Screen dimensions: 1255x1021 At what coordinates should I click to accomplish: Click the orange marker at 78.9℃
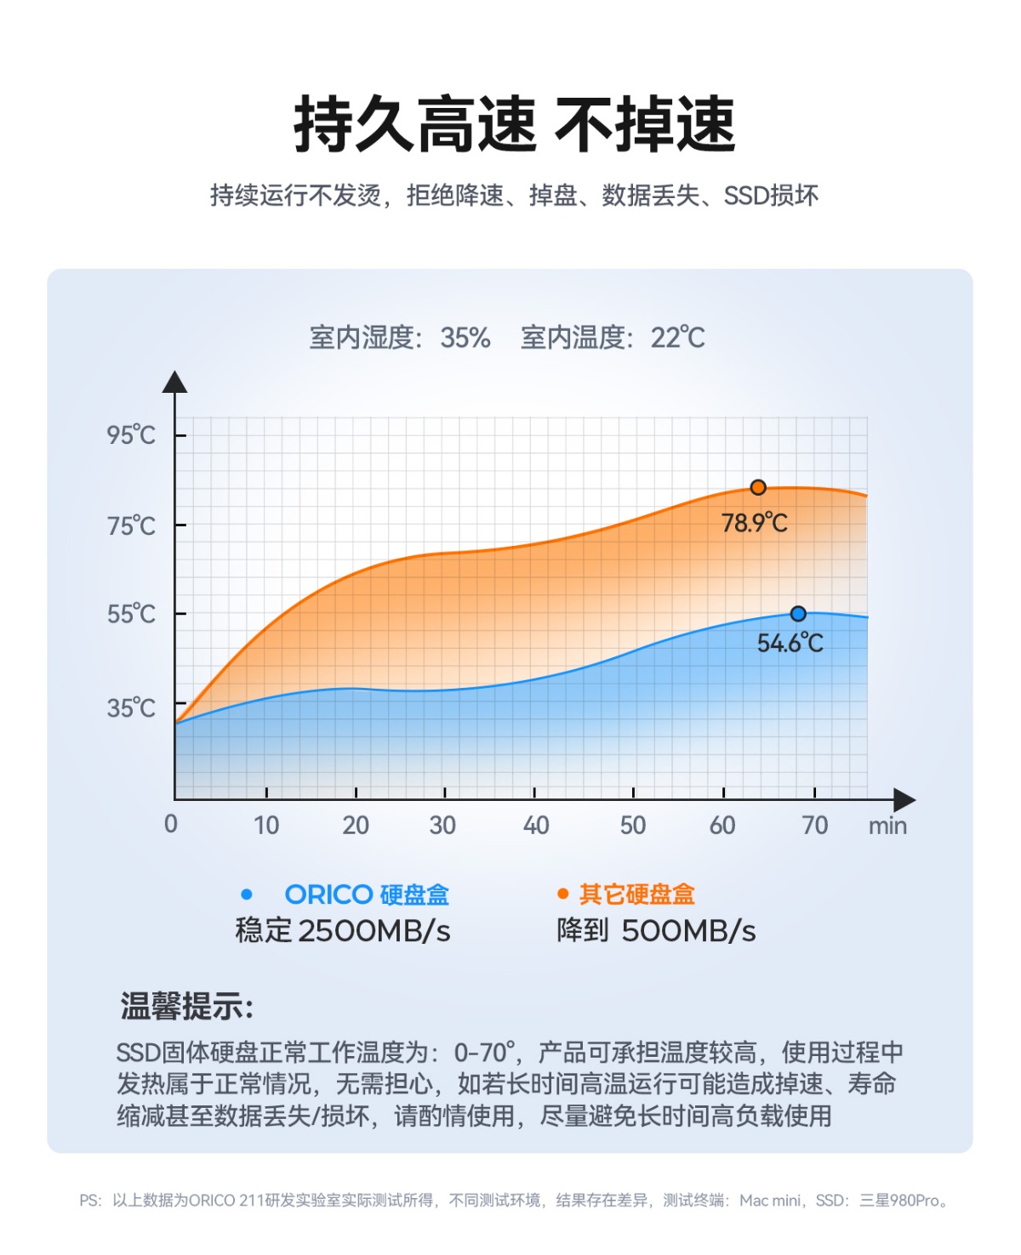tap(758, 487)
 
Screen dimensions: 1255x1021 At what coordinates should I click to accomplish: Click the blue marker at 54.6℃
tap(798, 614)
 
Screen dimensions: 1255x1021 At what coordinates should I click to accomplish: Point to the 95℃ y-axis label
tap(131, 435)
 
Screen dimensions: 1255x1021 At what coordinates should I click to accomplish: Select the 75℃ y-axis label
tap(131, 526)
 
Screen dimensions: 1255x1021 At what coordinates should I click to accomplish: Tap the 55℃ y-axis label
tap(131, 614)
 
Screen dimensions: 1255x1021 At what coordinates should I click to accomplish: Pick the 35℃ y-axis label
tap(131, 707)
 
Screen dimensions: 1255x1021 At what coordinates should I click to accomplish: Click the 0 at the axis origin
tap(171, 824)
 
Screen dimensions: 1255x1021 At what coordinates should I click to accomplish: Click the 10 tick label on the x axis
tap(266, 825)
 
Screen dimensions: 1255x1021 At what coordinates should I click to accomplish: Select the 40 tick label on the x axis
tap(536, 825)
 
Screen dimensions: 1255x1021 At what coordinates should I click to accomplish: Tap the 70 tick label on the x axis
tap(815, 825)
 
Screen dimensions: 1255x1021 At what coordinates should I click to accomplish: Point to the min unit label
tap(887, 826)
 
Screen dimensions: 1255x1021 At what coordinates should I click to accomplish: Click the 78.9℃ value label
tap(754, 522)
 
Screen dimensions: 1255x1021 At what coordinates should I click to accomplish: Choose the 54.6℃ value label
tap(790, 643)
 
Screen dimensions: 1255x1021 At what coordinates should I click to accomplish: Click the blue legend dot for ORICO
tap(247, 894)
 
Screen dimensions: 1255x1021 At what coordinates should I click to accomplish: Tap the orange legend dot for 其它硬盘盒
tap(562, 894)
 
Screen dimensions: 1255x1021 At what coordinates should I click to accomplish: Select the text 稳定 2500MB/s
tap(343, 931)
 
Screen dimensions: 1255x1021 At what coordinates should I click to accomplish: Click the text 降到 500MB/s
tap(656, 931)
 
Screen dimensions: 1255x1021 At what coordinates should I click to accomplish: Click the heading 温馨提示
tap(186, 1007)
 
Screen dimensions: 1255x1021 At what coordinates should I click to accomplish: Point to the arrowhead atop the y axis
tap(175, 382)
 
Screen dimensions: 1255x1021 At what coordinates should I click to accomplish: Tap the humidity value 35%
tap(465, 338)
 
